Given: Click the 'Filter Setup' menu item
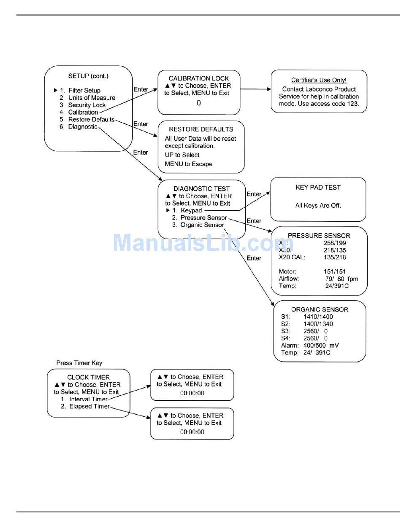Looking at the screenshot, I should pos(84,91).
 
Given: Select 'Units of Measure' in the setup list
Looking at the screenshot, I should pos(92,98).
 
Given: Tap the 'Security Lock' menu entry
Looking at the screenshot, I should pos(87,105).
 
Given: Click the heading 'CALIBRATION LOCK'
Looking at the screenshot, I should pos(198,78).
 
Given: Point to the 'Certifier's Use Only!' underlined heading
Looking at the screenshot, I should pos(319,80).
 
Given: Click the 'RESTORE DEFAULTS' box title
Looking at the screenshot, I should pos(201,129).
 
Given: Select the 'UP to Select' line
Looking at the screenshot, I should pos(182,155).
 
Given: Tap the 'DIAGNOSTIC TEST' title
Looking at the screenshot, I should pos(201,189).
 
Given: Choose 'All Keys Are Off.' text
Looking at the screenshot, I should pos(318,206).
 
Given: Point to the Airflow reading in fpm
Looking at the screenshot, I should pos(341,279).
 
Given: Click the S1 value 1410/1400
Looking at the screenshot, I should pos(318,316).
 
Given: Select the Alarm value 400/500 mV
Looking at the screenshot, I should pos(321,345).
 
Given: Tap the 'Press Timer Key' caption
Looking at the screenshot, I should pos(79,363).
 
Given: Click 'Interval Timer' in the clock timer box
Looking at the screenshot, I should pos(88,399).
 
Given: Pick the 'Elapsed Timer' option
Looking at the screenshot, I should pos(89,406).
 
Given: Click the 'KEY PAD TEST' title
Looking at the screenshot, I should pos(318,188).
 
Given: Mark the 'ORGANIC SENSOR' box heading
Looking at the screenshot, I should pos(320,309).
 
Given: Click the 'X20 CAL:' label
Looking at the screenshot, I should pos(292,257).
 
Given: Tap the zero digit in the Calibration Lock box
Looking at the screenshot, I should pos(199,103).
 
